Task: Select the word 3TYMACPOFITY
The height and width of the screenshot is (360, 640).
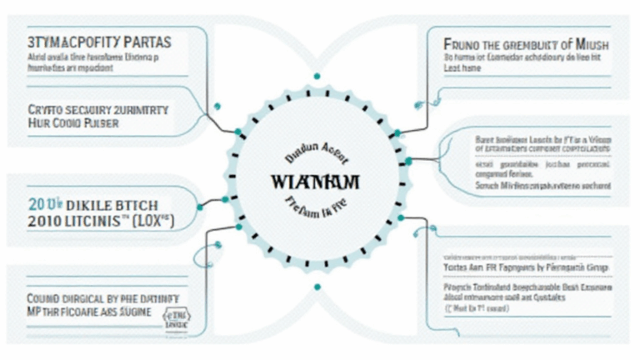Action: click(x=70, y=39)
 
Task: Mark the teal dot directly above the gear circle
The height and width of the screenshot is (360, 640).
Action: click(x=317, y=77)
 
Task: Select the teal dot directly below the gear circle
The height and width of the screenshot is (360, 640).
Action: click(x=317, y=287)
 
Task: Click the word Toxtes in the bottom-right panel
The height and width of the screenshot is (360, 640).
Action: click(x=457, y=269)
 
